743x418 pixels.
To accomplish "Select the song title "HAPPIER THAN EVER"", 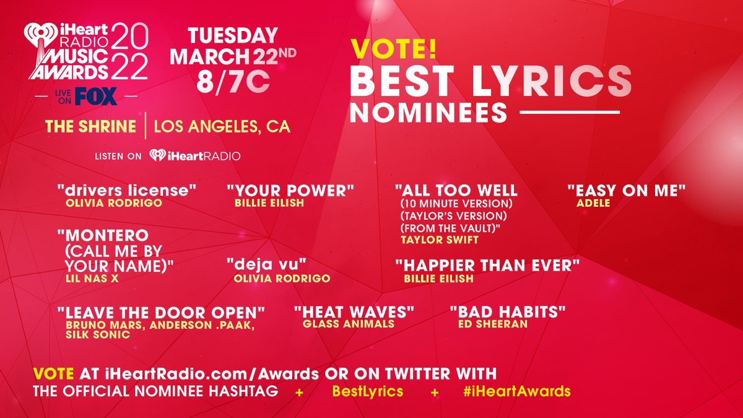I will [487, 266].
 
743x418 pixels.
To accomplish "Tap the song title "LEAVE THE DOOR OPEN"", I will [161, 312].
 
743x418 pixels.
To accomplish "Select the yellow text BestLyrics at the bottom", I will [368, 391].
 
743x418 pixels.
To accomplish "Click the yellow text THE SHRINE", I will [90, 127].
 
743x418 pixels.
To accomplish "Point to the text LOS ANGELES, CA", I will [222, 127].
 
